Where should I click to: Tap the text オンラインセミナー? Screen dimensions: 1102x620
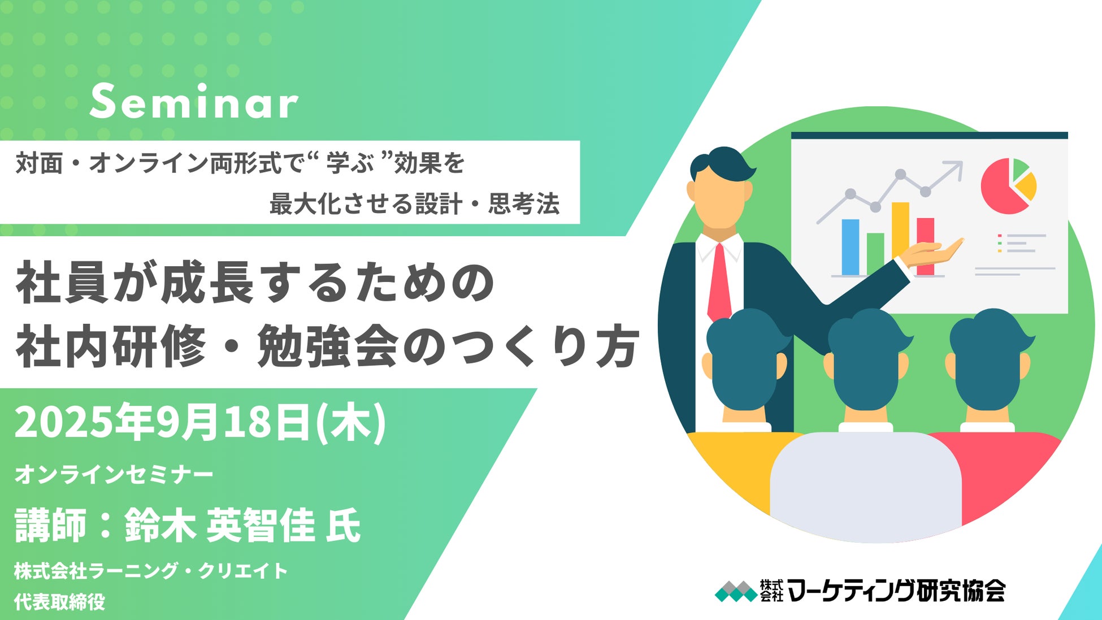coord(114,474)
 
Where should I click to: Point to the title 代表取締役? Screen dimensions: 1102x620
coord(60,601)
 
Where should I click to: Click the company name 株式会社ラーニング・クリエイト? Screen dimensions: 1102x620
coord(151,571)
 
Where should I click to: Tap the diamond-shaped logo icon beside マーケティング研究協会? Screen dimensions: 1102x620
coord(736,591)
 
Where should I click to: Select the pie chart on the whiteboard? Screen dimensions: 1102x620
coord(1009,186)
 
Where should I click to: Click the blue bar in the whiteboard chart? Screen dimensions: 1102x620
coord(851,247)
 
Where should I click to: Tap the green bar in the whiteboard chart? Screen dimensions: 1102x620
coord(875,254)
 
